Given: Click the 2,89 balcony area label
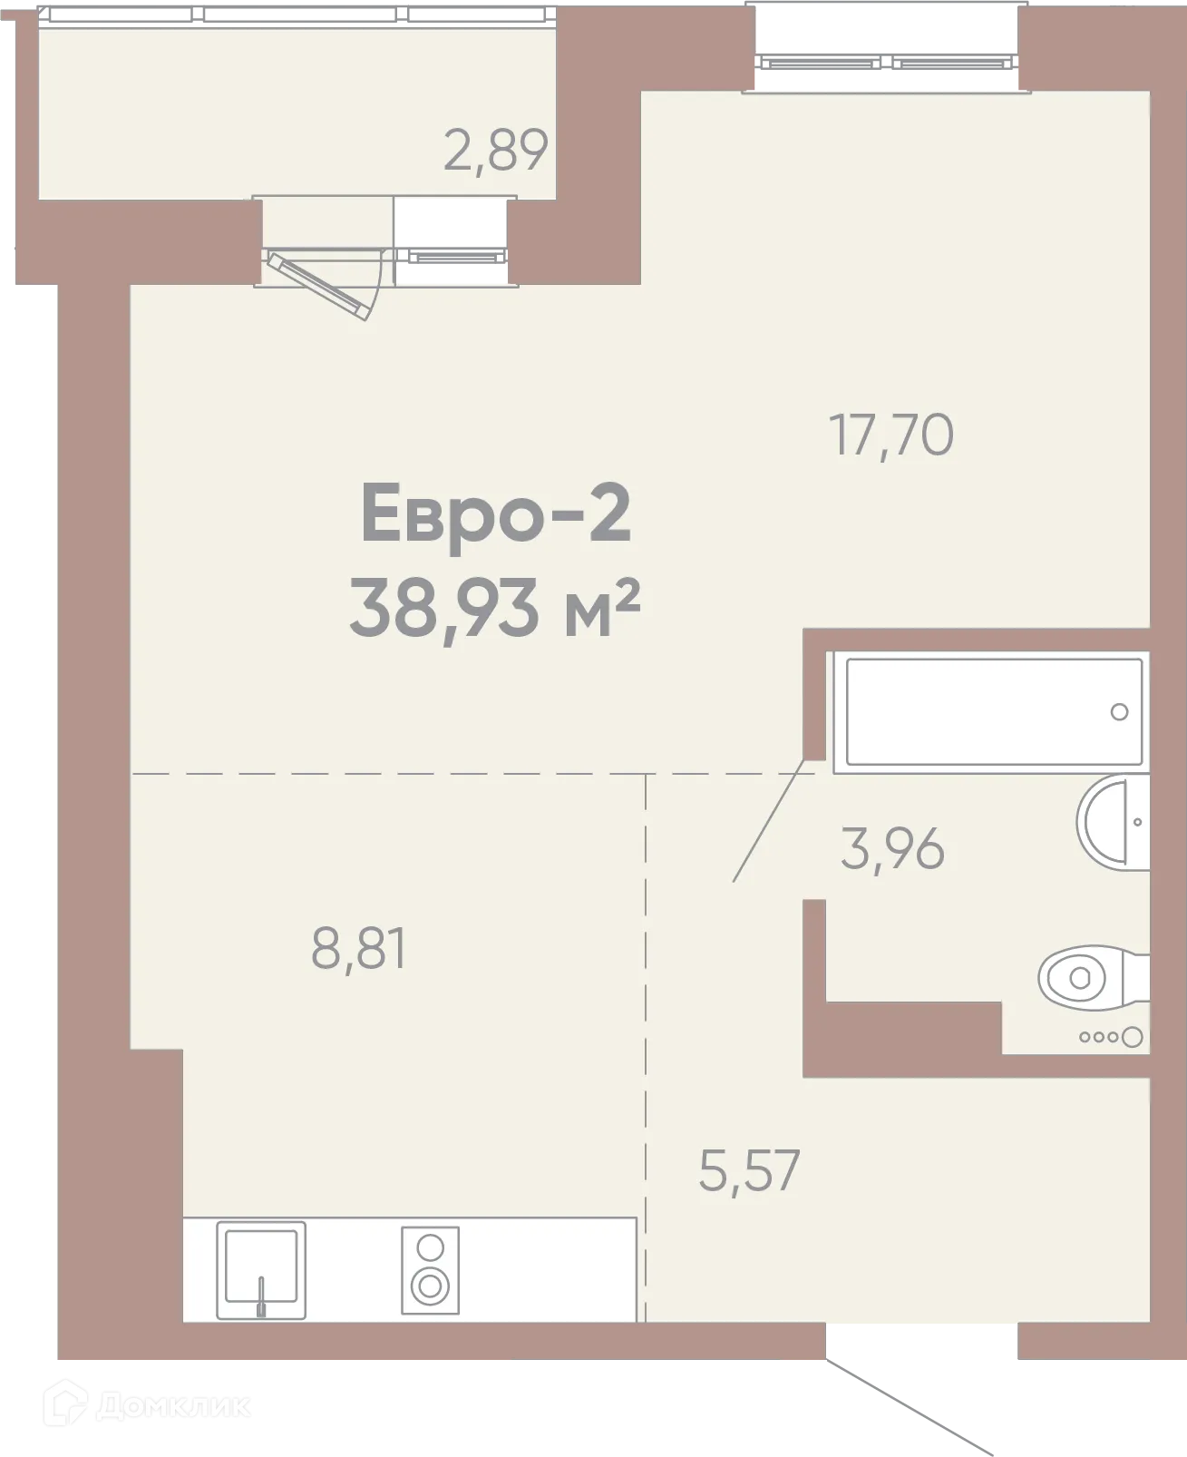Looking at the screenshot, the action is coord(496,152).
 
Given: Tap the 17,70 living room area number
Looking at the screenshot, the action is coord(891,435).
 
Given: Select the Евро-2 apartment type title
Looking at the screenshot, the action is coord(496,513).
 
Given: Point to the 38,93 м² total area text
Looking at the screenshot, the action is coord(494,608).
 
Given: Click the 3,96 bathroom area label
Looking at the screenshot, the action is coord(892,849).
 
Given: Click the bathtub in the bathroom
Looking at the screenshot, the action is coord(994,712).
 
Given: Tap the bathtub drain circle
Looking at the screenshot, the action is coord(1119,712).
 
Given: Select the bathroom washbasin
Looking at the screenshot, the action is coord(1114,823).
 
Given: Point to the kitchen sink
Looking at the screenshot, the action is coord(261,1270).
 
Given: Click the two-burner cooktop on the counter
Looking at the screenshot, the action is coord(430,1270).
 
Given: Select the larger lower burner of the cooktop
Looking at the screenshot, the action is coord(430,1286).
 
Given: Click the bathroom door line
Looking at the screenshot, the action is coord(769,820).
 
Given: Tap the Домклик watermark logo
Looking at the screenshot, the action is coord(147,1404).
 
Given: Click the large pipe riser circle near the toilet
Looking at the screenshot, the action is coord(1133,1037).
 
